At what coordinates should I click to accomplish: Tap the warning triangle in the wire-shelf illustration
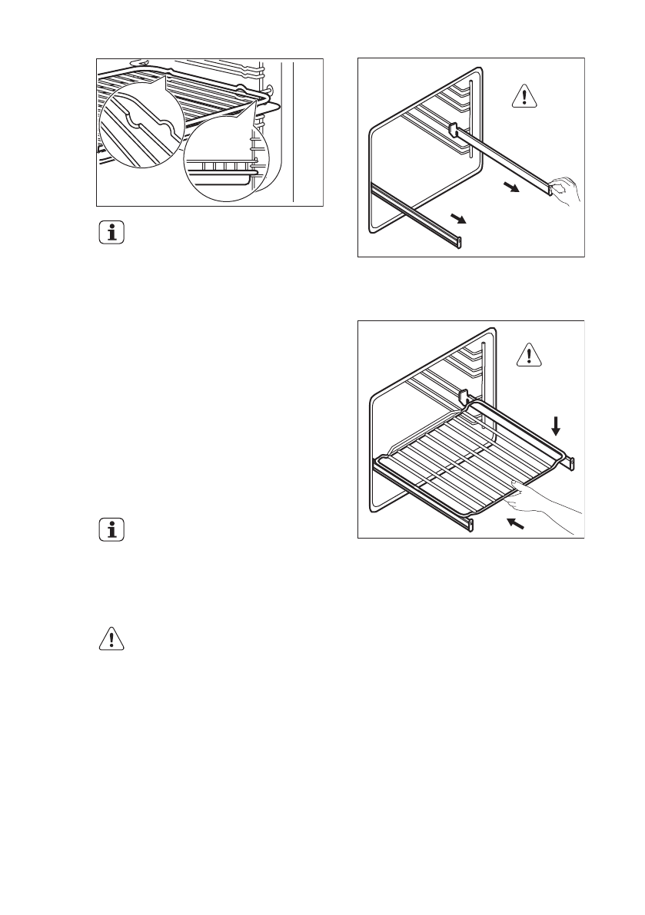tap(528, 354)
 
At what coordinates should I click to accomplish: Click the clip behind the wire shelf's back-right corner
tap(464, 396)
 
